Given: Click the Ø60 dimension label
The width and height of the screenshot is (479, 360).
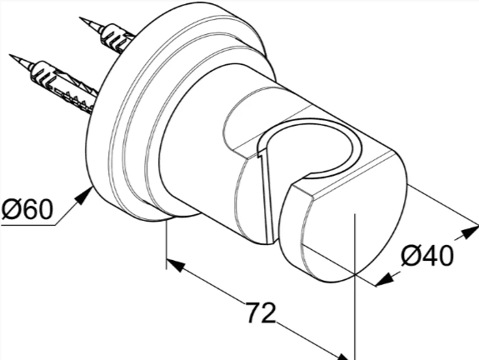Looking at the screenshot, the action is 27,208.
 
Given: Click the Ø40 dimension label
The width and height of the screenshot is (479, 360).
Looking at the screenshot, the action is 427,257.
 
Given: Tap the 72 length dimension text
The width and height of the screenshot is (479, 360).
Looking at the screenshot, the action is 261,312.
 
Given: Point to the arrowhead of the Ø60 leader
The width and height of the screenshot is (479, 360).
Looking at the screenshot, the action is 85,196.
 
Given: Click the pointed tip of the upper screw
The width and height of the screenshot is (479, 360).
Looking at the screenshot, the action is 80,17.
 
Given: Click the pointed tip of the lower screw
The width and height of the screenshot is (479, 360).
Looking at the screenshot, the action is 10,55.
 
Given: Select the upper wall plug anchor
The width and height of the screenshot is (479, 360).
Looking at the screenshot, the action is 117,39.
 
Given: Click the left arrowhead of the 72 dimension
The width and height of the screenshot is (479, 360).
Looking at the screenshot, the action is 176,264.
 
